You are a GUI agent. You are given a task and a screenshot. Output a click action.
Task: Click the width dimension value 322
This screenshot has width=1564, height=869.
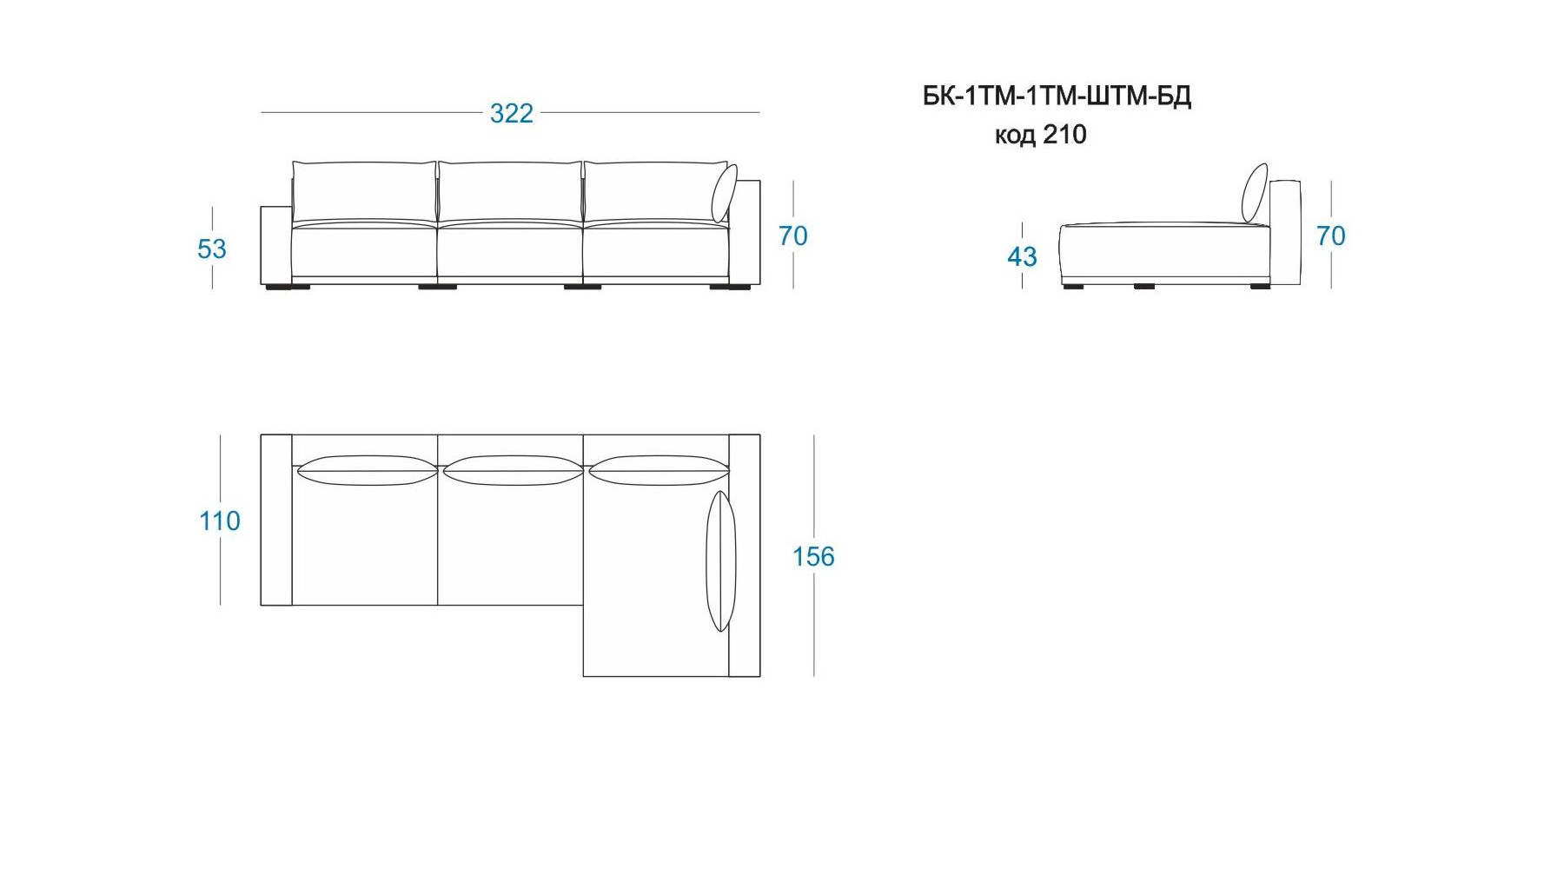click(512, 113)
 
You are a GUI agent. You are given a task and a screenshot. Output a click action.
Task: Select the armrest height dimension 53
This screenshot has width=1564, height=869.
click(212, 249)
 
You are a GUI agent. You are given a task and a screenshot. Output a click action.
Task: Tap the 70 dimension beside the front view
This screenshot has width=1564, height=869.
click(793, 235)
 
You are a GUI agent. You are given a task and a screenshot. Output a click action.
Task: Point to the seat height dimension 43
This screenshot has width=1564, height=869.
click(1023, 256)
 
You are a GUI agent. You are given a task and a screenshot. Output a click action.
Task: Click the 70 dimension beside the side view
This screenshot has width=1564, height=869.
click(1331, 235)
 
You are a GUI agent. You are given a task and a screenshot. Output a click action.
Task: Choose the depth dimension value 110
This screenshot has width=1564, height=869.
click(220, 521)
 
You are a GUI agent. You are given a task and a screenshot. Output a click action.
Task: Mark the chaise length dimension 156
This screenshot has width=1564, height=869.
click(813, 556)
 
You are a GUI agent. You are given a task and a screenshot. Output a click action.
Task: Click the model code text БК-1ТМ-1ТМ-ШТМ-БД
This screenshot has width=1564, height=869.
click(1057, 96)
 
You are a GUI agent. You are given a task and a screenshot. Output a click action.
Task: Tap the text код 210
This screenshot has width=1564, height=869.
click(1041, 135)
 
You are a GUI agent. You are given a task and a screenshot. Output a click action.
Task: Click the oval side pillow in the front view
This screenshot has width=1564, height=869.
click(724, 194)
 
